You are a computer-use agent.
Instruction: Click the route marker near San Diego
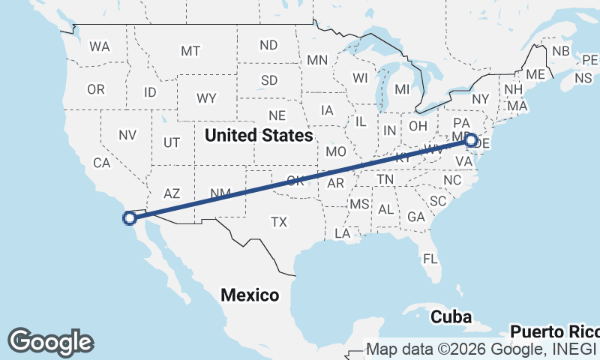pyautogui.click(x=129, y=218)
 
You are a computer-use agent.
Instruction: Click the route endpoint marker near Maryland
pyautogui.click(x=471, y=140)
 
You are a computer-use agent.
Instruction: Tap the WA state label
pyautogui.click(x=99, y=46)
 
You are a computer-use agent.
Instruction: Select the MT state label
pyautogui.click(x=190, y=51)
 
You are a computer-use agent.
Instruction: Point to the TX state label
pyautogui.click(x=279, y=222)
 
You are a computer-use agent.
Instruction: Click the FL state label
pyautogui.click(x=430, y=259)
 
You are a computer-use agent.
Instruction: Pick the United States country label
pyautogui.click(x=258, y=136)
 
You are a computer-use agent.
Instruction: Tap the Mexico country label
pyautogui.click(x=250, y=295)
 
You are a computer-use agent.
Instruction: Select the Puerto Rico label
pyautogui.click(x=555, y=331)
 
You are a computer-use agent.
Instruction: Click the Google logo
pyautogui.click(x=50, y=341)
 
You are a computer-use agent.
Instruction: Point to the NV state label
pyautogui.click(x=127, y=136)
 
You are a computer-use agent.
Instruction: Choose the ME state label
pyautogui.click(x=535, y=74)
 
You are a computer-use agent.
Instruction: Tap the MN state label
pyautogui.click(x=317, y=60)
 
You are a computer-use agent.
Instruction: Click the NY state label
pyautogui.click(x=480, y=99)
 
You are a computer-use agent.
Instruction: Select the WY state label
pyautogui.click(x=207, y=98)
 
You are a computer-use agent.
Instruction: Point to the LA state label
pyautogui.click(x=343, y=233)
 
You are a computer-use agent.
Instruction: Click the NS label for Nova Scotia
pyautogui.click(x=583, y=78)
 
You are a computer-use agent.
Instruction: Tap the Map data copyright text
pyautogui.click(x=481, y=349)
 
